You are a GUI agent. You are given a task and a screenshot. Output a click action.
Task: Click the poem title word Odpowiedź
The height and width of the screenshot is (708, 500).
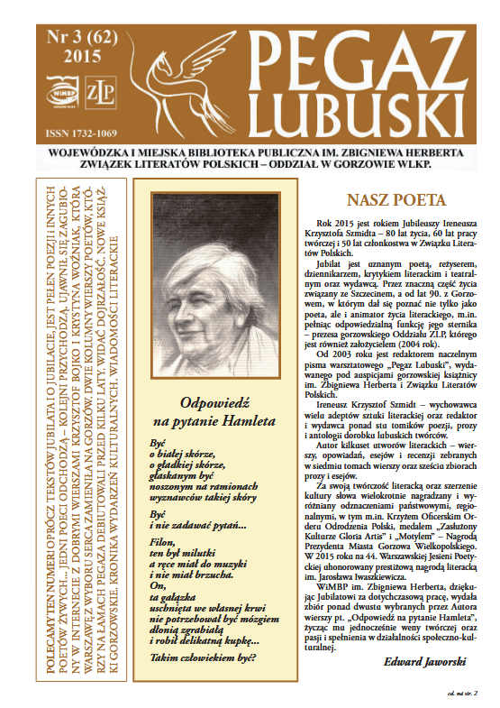(214, 380)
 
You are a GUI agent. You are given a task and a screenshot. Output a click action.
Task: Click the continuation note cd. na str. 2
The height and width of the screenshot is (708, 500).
(460, 693)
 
